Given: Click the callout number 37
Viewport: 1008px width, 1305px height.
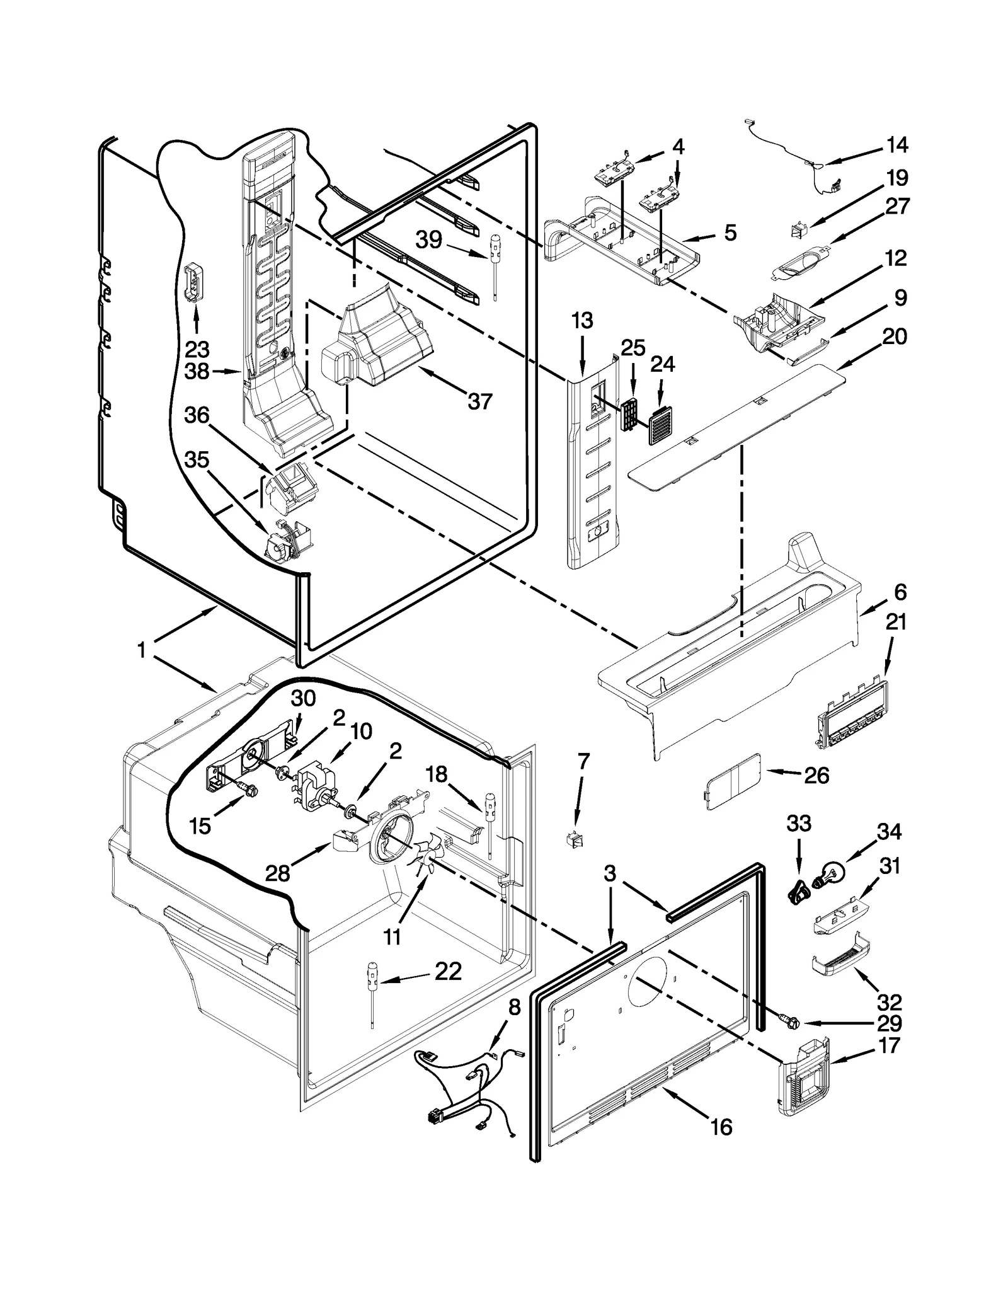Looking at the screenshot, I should pos(480,401).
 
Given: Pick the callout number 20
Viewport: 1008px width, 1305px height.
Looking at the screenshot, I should pos(895,336).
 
